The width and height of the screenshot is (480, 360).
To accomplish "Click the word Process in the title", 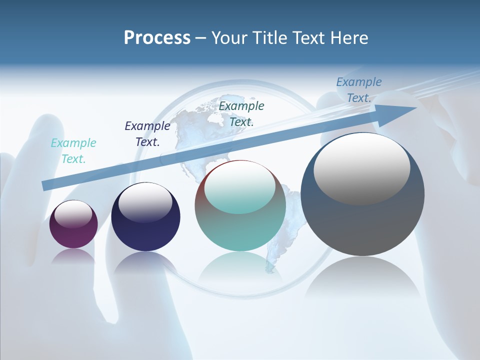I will point(157,38).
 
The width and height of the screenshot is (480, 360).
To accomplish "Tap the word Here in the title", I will point(349,38).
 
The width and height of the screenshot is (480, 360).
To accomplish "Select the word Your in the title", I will point(230,38).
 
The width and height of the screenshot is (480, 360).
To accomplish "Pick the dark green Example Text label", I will point(241,113).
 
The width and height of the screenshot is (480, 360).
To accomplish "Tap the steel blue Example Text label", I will point(359,90).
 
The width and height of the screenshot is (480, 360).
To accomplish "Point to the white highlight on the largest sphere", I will point(362,167).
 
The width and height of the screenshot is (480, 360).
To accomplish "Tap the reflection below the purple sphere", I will point(73,256).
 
